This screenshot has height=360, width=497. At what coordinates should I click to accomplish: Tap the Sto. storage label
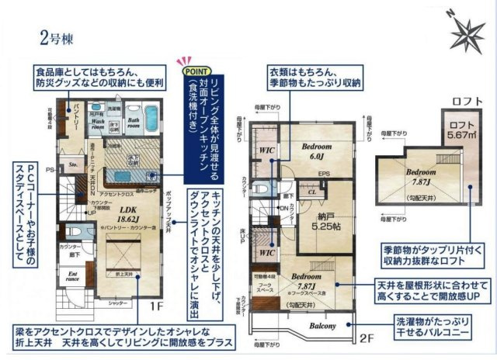click(74, 164)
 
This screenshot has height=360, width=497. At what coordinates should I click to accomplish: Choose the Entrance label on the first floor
click(75, 276)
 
